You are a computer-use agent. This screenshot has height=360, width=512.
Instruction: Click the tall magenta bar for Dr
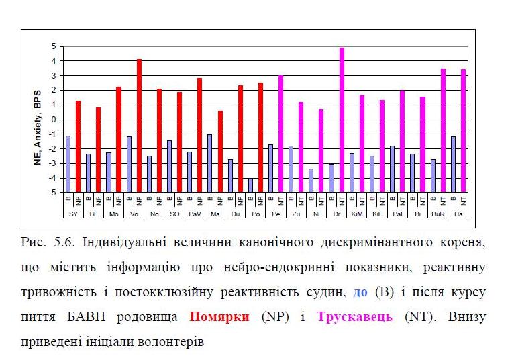point(342,120)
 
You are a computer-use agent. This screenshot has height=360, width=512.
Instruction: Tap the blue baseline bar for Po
point(250,185)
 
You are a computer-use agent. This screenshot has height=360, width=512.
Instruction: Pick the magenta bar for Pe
point(280,133)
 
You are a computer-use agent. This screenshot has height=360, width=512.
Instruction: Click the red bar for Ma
point(220,151)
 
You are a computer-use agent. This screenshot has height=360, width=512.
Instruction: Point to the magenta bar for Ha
point(463,131)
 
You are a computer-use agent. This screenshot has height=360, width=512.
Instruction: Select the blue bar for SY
point(68,164)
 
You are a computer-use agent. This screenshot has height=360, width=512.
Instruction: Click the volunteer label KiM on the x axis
point(357,213)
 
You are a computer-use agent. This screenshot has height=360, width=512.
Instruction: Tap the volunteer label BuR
point(438,213)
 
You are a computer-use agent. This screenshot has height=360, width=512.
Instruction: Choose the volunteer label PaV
point(195,213)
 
